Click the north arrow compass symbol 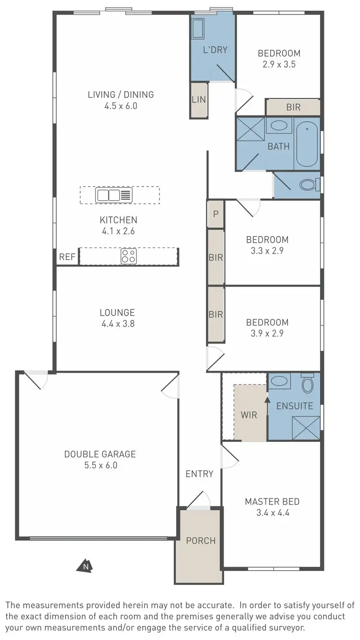point(84,566)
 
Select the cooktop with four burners point(128,256)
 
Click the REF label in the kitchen point(67,257)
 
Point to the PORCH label point(201,541)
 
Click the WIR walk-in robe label point(249,415)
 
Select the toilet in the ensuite point(307,384)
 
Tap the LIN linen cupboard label point(199,100)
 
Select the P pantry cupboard point(216,214)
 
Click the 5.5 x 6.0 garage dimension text point(100,465)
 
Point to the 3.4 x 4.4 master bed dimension point(272,512)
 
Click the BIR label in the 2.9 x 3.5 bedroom point(293,107)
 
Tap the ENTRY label point(199,474)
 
